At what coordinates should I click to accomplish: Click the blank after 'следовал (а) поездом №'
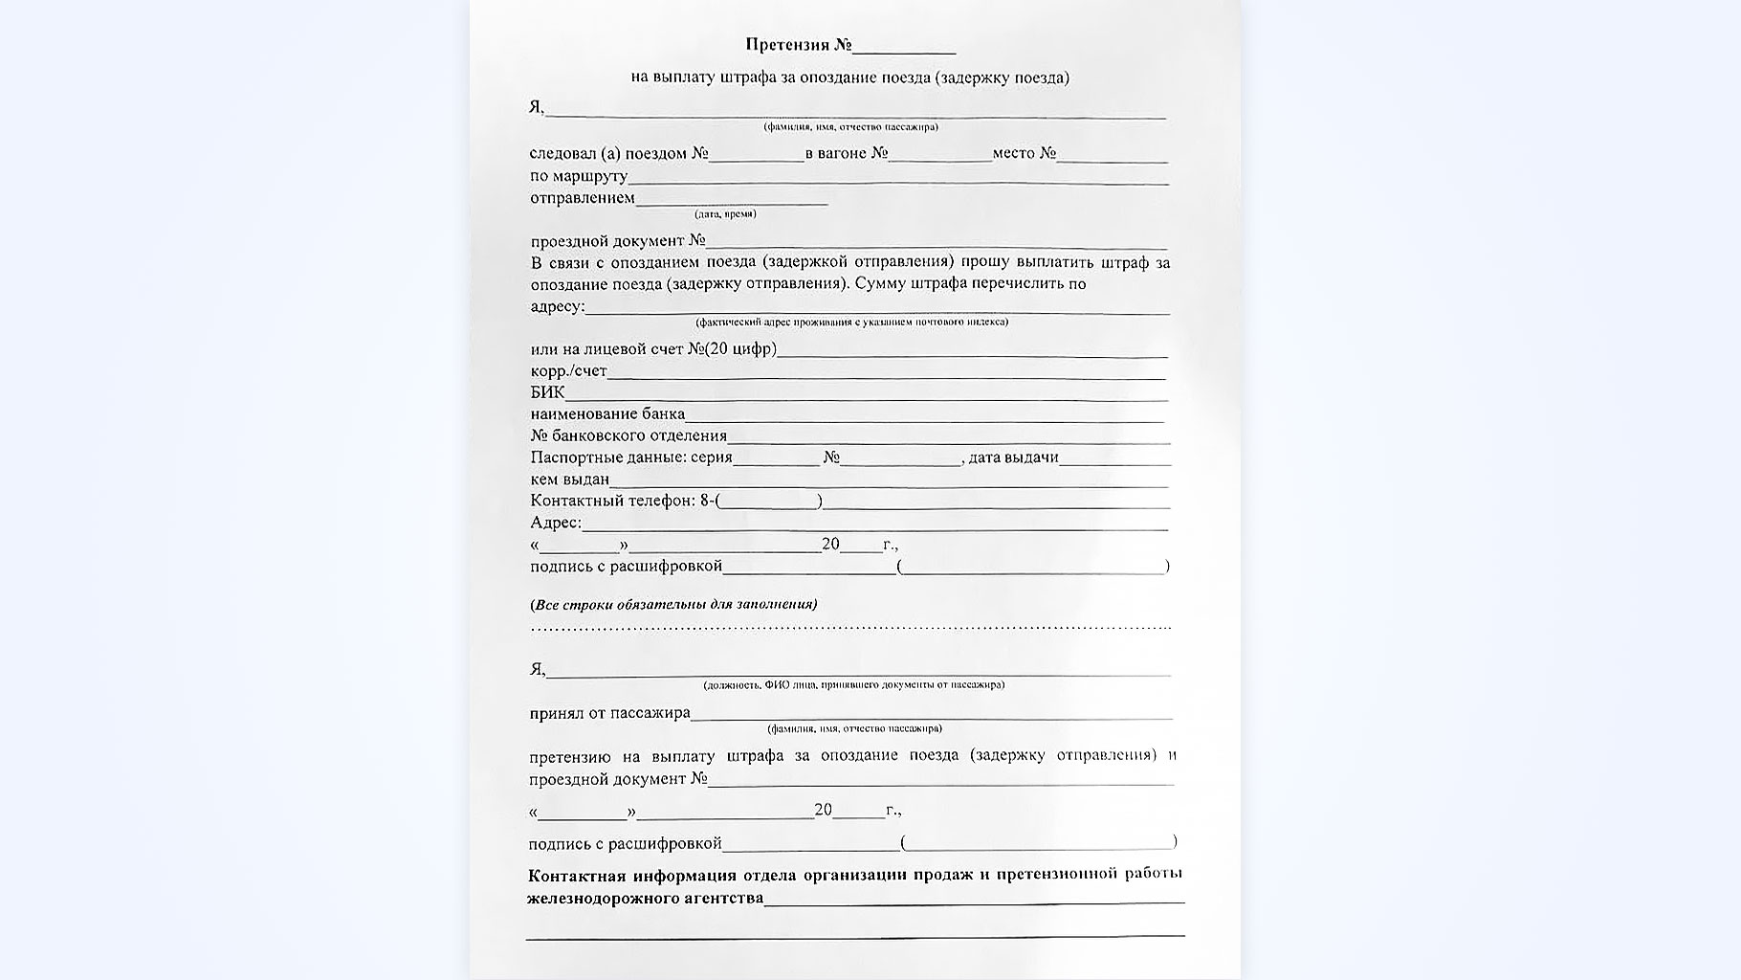756,155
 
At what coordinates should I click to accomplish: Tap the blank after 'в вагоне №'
939,155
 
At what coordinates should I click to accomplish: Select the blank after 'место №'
1112,155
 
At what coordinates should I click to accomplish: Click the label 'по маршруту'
578,176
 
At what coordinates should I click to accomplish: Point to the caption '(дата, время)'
725,214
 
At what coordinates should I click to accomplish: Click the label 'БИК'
547,392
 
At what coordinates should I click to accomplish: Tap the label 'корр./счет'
568,371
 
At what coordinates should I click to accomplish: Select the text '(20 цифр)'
740,349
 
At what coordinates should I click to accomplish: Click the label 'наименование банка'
607,414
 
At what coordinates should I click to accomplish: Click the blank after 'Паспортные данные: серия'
776,459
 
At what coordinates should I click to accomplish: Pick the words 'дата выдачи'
1013,457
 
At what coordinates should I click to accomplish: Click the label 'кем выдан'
569,479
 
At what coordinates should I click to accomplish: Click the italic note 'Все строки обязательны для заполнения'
673,605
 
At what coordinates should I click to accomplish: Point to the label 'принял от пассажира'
609,713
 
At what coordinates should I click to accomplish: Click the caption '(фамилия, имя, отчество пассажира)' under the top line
849,127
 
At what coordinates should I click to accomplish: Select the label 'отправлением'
582,198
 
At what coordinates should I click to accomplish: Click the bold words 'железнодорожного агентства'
645,898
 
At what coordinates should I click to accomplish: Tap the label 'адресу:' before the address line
557,306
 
